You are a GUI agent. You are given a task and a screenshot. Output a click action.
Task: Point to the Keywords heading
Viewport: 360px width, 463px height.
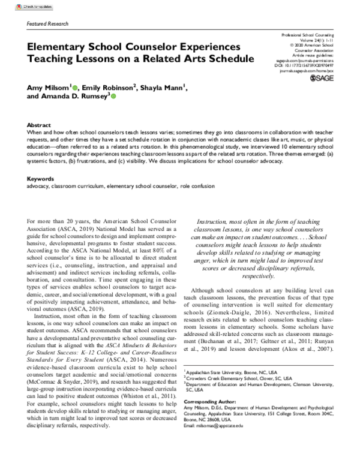click(x=41, y=163)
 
